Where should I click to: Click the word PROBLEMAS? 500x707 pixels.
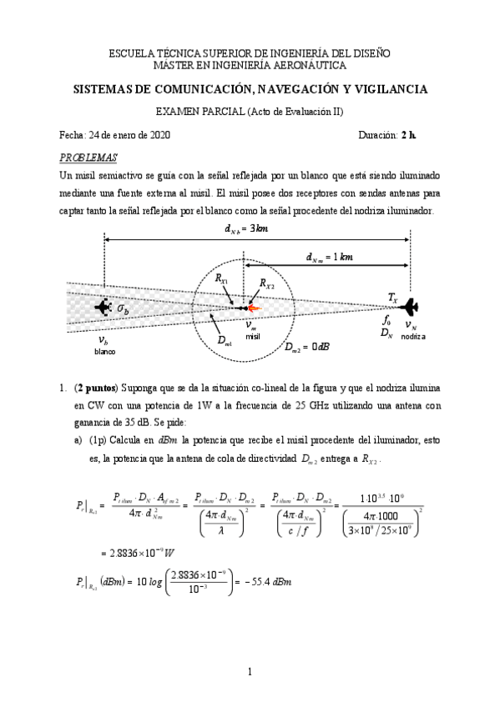(88, 158)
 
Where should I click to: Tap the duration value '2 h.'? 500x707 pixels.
(408, 135)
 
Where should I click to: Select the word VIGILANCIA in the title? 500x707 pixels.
(386, 88)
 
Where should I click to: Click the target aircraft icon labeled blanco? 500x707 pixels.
(103, 308)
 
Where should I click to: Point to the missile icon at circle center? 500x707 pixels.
(249, 308)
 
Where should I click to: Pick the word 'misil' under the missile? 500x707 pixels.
(253, 336)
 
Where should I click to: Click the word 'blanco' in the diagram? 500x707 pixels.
(104, 352)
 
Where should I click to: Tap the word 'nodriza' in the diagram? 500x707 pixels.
(412, 336)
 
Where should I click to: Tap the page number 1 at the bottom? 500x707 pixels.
(250, 672)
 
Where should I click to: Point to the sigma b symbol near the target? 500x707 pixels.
(123, 309)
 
